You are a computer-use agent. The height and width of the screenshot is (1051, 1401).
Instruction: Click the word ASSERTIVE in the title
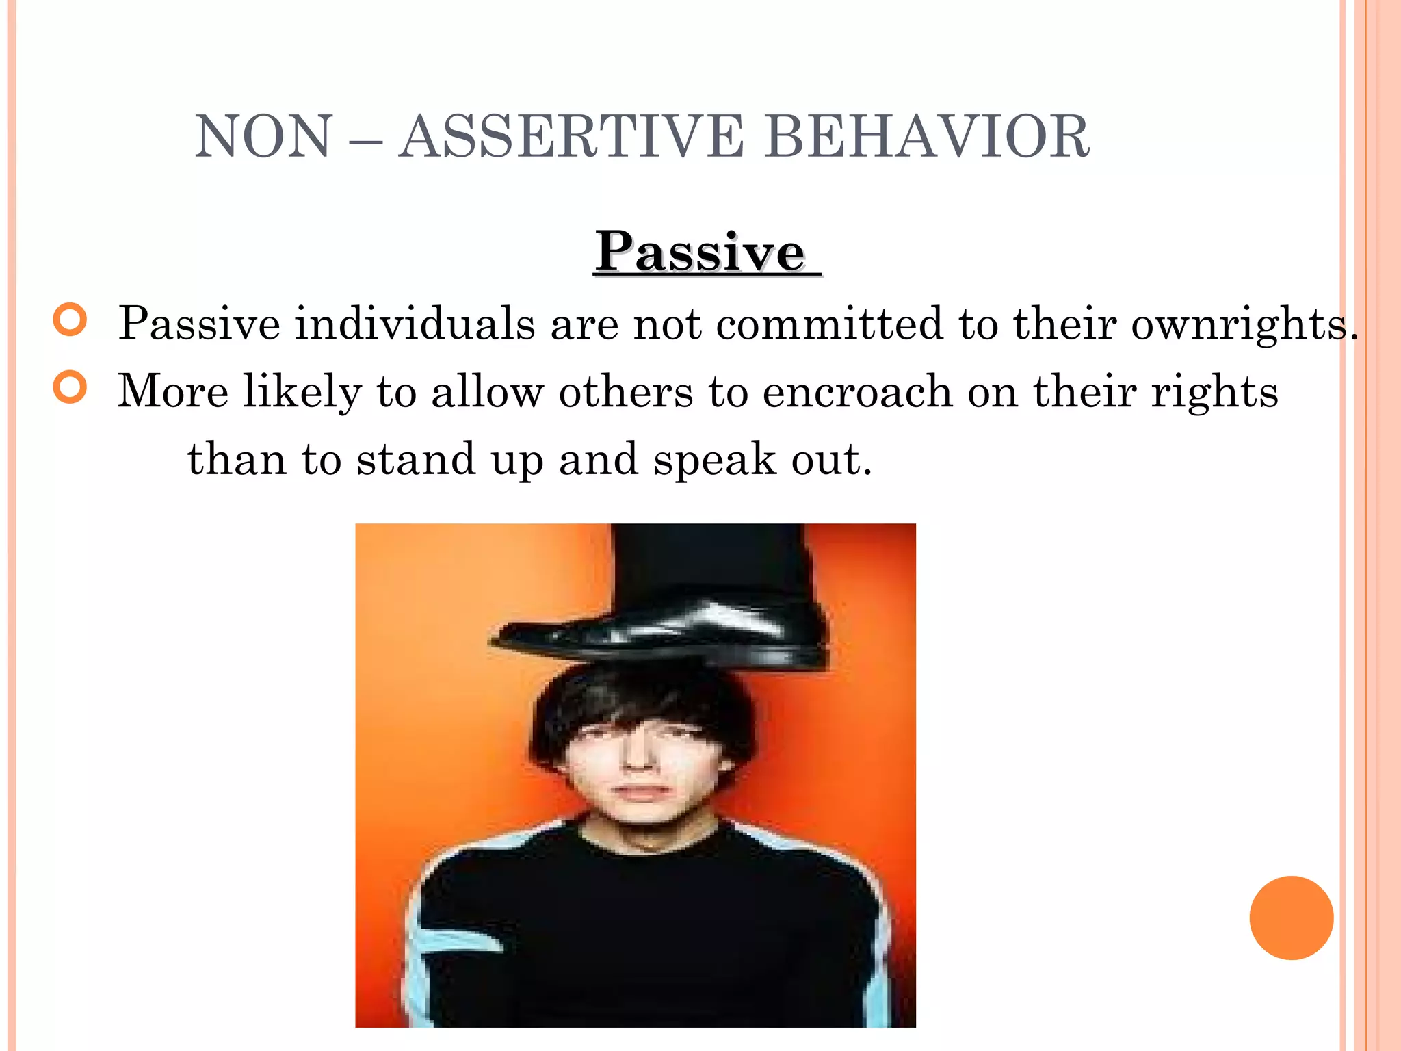tap(571, 137)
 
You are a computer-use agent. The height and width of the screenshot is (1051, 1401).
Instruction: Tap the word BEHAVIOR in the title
tap(927, 137)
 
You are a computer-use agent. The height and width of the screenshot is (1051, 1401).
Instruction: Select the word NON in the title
tap(264, 137)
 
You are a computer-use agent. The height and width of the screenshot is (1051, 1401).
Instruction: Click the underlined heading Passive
tap(701, 252)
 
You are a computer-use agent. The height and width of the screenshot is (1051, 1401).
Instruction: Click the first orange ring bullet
tap(70, 320)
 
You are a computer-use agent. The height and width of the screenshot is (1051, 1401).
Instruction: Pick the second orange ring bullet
tap(70, 387)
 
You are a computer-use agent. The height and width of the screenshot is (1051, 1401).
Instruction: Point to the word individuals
tap(415, 323)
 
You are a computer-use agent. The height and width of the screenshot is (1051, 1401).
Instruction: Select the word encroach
tap(856, 391)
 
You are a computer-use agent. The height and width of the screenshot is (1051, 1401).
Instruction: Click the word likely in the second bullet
tap(302, 393)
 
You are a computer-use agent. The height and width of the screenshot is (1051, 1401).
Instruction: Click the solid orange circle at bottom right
tap(1291, 918)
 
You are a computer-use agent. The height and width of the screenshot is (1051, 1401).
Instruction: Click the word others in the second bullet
tap(626, 391)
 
